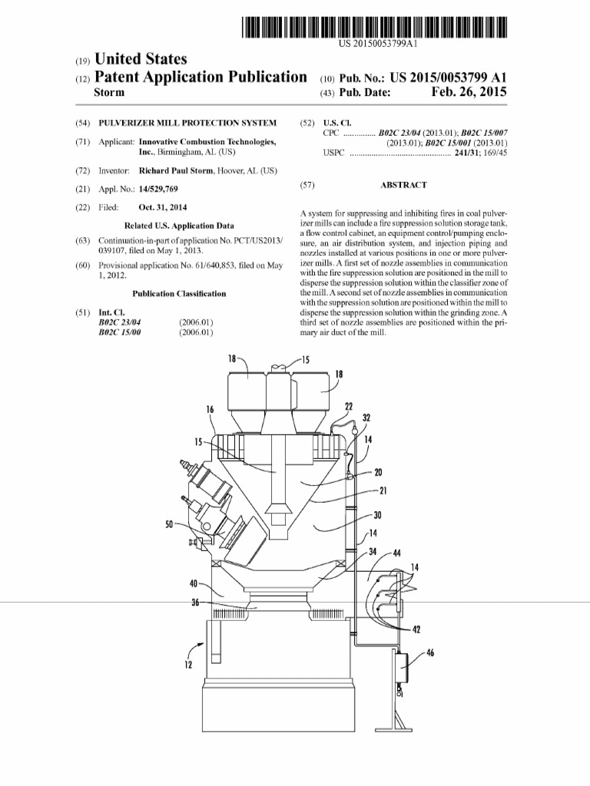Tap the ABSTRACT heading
point(403,185)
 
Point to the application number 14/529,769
point(157,188)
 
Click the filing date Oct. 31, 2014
point(164,207)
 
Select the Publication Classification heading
point(179,293)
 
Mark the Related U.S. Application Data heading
point(179,226)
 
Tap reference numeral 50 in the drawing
point(169,525)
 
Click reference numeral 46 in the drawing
point(429,654)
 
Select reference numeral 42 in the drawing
point(416,630)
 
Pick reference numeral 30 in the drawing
point(376,515)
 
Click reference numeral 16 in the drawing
point(209,410)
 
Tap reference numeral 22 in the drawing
point(349,406)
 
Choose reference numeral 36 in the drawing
point(196,603)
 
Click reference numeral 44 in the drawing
point(396,553)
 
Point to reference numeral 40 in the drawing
point(194,583)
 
